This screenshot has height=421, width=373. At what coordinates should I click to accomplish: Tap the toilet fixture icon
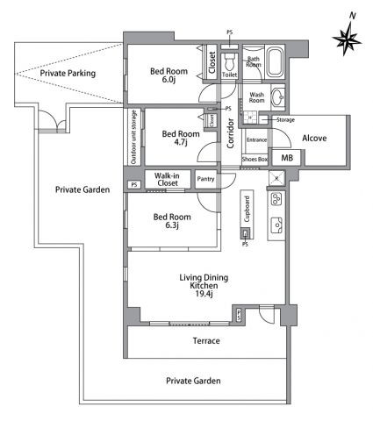point(229,61)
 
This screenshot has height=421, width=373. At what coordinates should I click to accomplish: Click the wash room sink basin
point(278,96)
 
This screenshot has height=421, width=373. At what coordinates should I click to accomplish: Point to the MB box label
point(287,158)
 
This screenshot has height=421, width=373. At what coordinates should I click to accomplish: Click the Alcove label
point(314,138)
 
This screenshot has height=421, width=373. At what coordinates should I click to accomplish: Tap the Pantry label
point(205,179)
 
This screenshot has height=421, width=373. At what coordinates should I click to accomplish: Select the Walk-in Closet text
point(167,179)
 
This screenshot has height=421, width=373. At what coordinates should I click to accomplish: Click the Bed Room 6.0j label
point(169,75)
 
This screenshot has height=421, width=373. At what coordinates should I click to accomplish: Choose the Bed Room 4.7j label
point(181,138)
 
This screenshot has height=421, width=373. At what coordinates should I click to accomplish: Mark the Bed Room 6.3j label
point(172,221)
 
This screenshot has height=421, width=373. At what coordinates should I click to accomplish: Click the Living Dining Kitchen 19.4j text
point(204,285)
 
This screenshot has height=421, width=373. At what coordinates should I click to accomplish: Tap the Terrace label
point(206,340)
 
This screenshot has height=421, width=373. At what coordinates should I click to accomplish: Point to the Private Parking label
point(68,73)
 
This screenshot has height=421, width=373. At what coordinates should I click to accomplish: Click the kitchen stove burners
point(276,199)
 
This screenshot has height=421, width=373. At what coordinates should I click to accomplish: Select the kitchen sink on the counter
point(276,225)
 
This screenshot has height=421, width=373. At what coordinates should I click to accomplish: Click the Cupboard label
point(247,209)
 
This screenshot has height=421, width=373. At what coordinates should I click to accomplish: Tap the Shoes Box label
point(255,160)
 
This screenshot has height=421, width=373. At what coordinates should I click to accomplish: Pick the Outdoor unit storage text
point(133,137)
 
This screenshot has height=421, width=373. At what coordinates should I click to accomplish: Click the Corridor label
point(231,133)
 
